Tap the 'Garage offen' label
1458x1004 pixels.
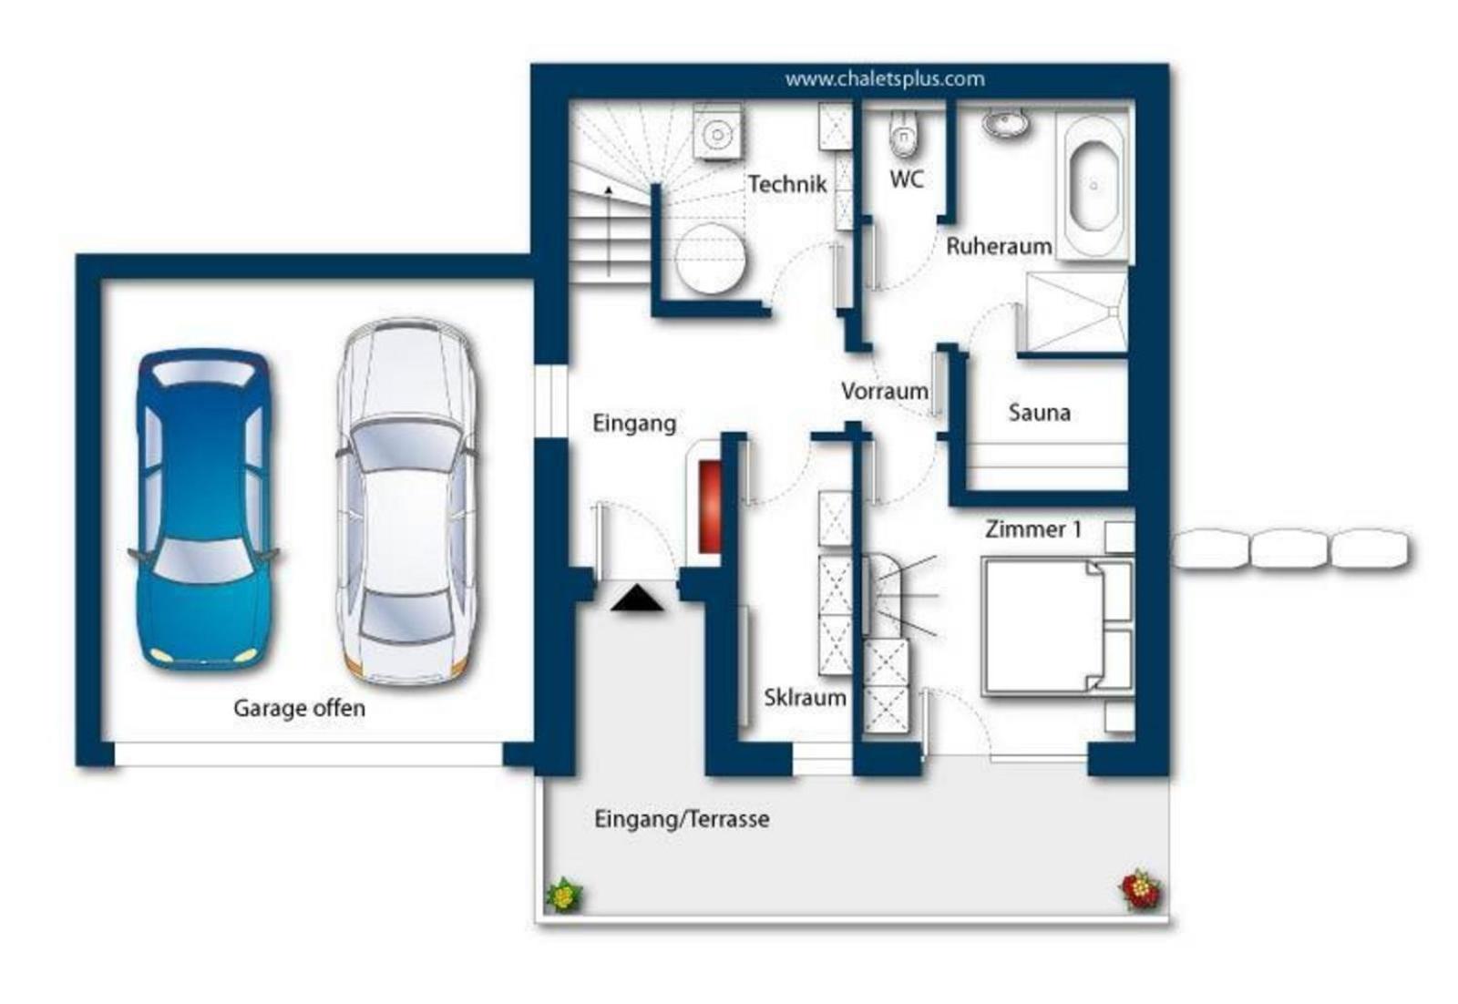tap(300, 708)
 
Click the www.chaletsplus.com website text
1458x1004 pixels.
tap(885, 78)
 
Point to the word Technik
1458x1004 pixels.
tap(787, 184)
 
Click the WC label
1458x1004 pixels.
tap(907, 179)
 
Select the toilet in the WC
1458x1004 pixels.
tap(903, 134)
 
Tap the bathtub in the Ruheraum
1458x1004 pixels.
tap(1093, 185)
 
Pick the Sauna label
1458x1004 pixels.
tap(1040, 412)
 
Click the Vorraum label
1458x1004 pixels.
tap(885, 391)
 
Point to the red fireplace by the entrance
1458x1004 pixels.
tap(710, 507)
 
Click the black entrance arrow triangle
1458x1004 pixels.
tap(637, 599)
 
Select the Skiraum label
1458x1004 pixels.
tap(806, 698)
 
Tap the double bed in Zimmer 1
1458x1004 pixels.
tap(1058, 626)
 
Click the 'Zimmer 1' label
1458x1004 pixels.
tap(1033, 529)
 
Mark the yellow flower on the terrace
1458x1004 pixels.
tap(564, 895)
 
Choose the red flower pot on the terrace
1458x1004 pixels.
tap(1140, 889)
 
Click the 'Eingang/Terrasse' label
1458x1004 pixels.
tap(682, 818)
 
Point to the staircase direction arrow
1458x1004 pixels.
tap(609, 231)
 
